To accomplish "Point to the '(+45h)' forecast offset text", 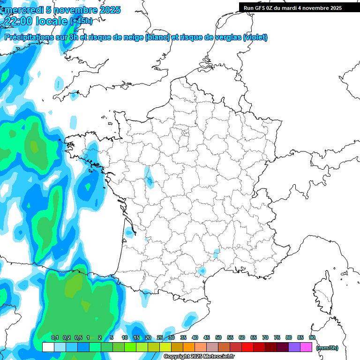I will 81,21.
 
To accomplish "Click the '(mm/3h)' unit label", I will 327,348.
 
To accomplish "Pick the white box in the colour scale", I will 48,347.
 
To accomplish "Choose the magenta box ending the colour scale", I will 306,347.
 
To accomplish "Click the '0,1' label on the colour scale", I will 55,338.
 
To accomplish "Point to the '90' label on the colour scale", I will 312,338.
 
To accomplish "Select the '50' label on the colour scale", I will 218,338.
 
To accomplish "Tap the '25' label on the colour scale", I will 160,338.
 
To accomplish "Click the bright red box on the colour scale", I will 247,347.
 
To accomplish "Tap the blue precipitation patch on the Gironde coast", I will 129,231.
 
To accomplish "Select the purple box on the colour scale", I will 294,347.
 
